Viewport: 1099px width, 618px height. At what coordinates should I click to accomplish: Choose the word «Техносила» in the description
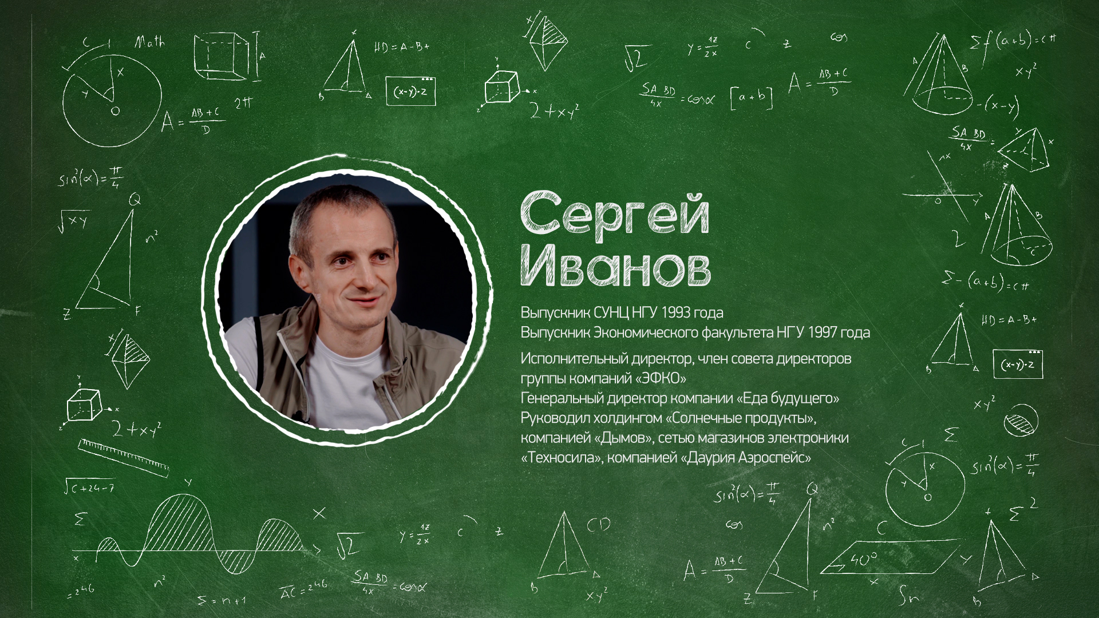tap(560, 458)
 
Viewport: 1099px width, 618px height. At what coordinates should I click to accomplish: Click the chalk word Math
tap(149, 43)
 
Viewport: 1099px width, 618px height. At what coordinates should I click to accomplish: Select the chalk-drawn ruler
tap(124, 457)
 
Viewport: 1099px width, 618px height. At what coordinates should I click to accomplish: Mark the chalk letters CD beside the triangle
tap(598, 524)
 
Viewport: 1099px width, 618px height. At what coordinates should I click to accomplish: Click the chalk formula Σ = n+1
tap(222, 600)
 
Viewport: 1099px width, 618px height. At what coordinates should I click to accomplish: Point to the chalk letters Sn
tap(908, 598)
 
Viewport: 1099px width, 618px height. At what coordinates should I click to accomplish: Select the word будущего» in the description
tap(805, 398)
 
